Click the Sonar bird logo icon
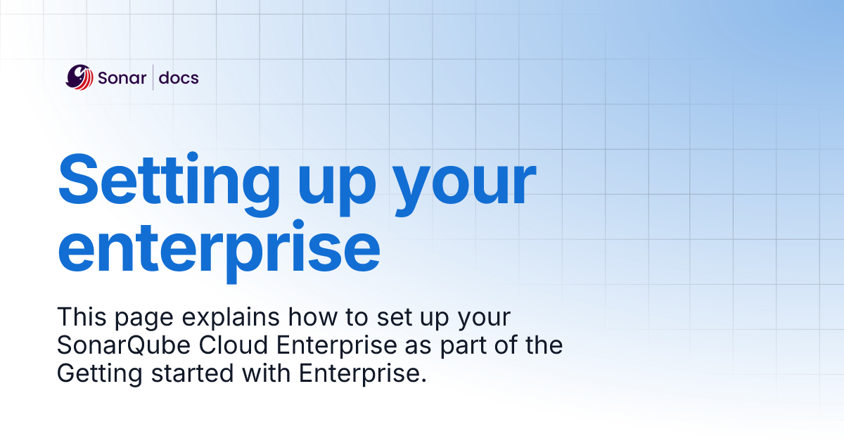click(79, 77)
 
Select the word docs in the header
click(179, 77)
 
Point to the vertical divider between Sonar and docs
click(153, 77)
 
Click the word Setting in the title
click(161, 179)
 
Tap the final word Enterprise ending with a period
click(363, 373)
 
